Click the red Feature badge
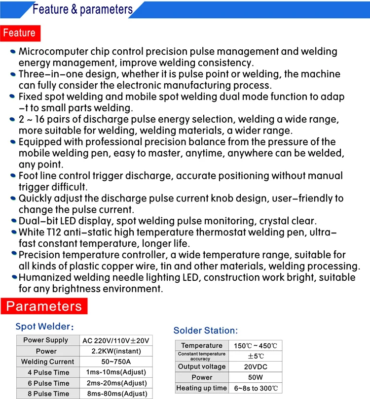point(20,33)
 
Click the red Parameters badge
point(44,306)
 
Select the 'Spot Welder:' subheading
point(44,327)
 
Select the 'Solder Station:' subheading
point(205,331)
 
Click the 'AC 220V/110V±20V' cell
point(116,340)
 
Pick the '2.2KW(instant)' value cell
point(116,351)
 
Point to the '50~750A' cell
point(116,362)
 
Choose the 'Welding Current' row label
point(48,362)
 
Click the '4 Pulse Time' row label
point(48,372)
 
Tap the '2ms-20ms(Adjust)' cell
point(116,383)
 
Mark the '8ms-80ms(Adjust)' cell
point(116,394)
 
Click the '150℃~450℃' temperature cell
point(255,346)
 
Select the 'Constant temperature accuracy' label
point(201,356)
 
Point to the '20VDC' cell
point(255,367)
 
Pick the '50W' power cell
point(255,377)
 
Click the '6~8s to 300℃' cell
point(255,388)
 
